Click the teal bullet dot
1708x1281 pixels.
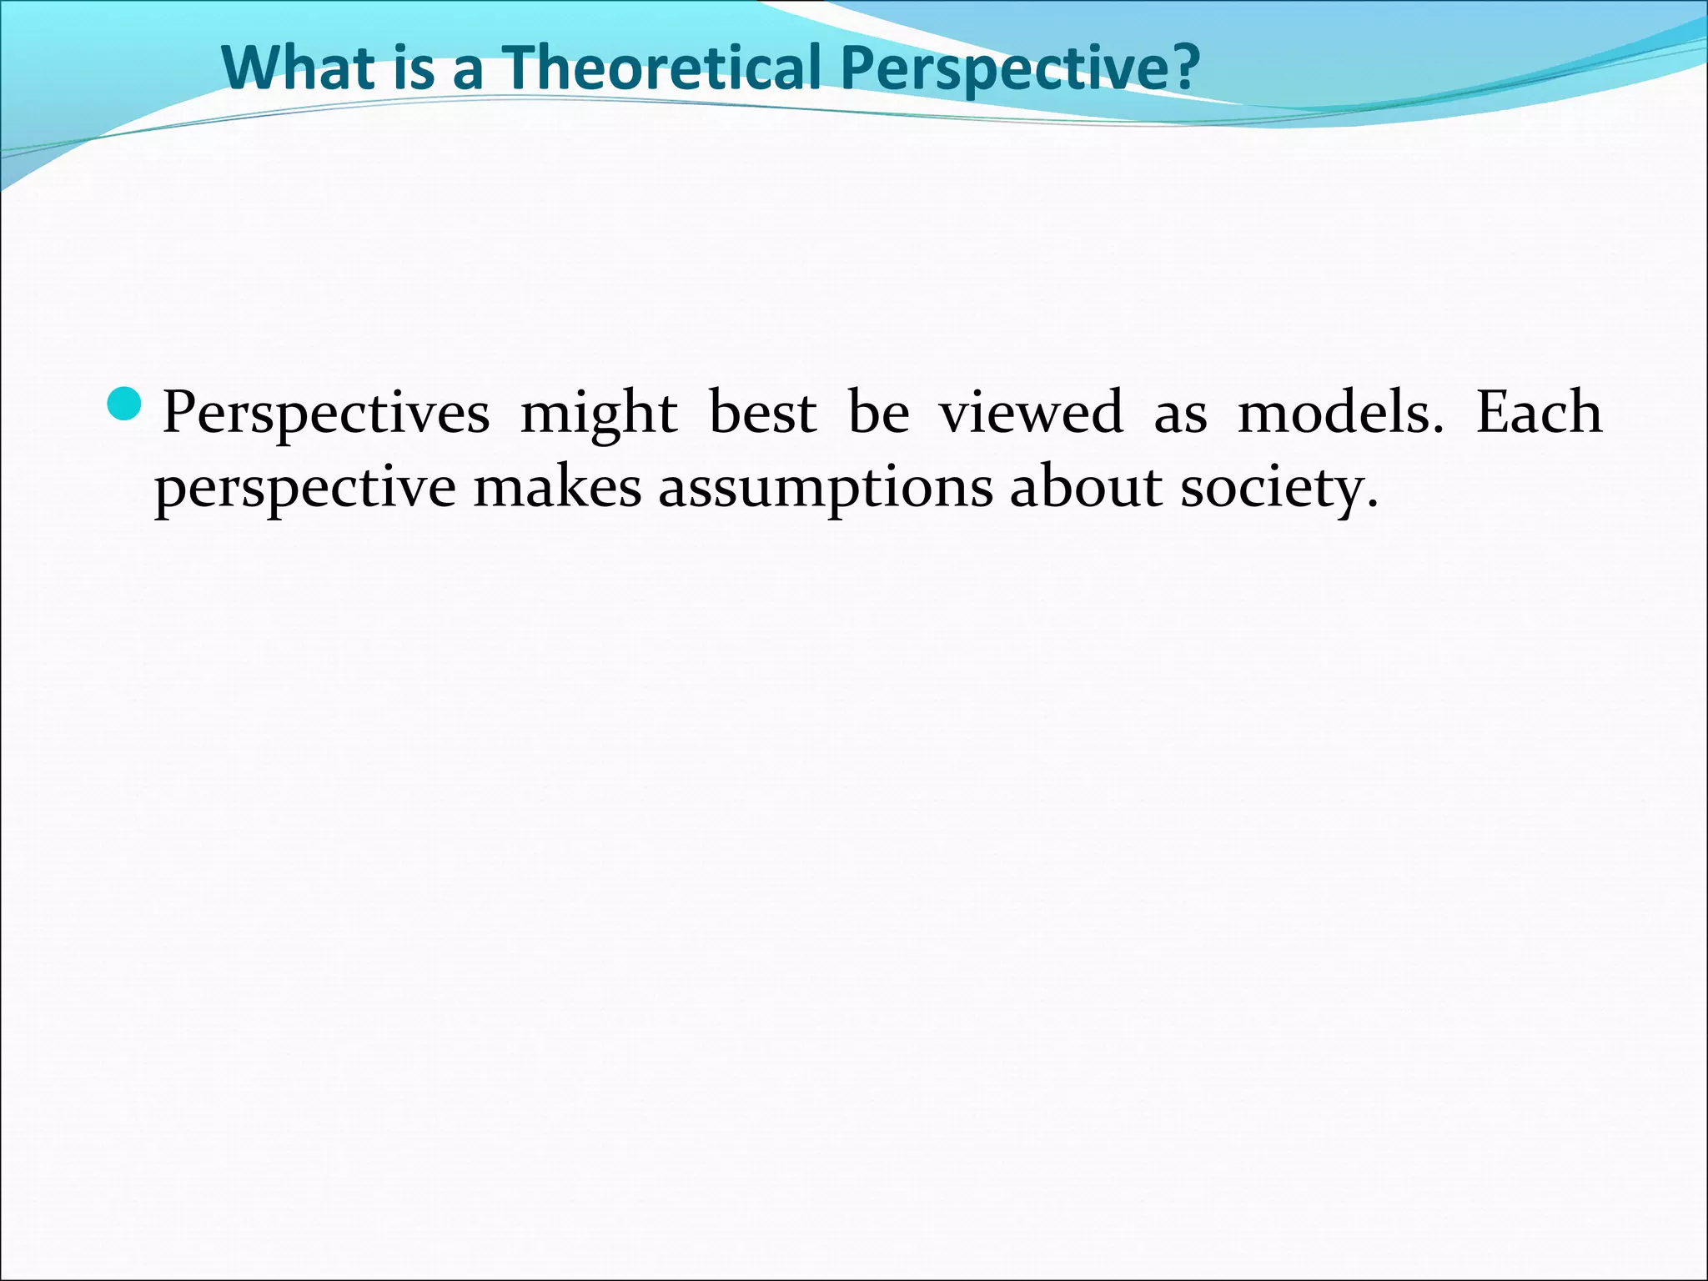(127, 404)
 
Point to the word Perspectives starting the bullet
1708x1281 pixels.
(326, 414)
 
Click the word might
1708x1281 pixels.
(598, 414)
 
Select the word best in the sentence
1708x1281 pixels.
(762, 412)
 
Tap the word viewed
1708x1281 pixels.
(1032, 412)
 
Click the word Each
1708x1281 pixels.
(1539, 412)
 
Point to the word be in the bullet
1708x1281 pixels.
(878, 412)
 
